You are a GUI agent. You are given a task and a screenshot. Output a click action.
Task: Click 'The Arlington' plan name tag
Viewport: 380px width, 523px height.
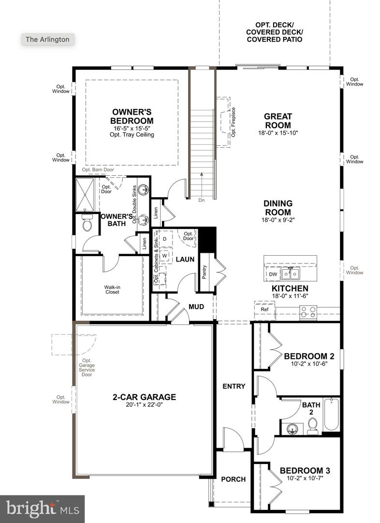pos(48,39)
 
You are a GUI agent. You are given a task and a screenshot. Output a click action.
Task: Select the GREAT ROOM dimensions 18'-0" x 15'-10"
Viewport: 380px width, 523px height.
pos(278,132)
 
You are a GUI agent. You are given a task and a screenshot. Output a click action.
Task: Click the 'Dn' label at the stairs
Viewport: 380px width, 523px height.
pos(201,199)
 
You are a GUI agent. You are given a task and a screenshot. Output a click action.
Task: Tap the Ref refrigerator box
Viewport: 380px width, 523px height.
pos(264,309)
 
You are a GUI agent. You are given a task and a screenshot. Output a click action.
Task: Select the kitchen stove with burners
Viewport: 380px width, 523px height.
pos(308,311)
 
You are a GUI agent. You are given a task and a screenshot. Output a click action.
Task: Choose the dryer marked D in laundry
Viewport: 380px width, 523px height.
pos(164,239)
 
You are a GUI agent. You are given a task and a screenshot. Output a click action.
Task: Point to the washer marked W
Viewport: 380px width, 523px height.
pos(164,255)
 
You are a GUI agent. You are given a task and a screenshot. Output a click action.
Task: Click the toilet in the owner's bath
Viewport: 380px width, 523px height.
pos(87,224)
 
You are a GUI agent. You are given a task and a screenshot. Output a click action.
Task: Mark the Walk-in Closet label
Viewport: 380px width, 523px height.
pos(112,290)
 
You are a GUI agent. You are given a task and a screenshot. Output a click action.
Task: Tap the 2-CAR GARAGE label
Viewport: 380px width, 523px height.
pos(144,397)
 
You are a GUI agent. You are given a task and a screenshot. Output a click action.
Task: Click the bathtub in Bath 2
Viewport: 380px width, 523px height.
pos(331,414)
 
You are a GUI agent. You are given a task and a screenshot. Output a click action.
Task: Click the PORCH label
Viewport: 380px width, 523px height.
pos(233,479)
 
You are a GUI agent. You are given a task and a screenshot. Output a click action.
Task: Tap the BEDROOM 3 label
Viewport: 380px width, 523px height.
pos(305,470)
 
